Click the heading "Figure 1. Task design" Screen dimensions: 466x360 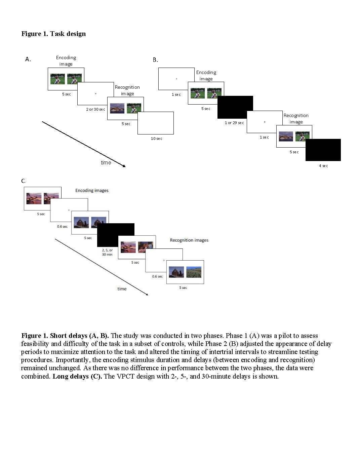click(53, 34)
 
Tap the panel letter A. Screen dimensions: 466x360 click(28, 59)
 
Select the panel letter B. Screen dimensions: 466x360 click(155, 60)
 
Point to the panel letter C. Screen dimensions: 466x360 click(23, 181)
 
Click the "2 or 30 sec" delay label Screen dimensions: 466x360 click(95, 109)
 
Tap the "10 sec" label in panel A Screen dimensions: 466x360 click(156, 139)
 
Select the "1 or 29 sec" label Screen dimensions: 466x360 click(234, 123)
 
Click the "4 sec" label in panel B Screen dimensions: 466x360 click(323, 166)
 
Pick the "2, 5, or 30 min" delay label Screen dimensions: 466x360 click(107, 252)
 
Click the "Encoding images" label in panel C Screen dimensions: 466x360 click(92, 190)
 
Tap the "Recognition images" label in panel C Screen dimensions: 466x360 click(189, 240)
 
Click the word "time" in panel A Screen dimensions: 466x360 click(106, 162)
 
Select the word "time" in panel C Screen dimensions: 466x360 click(122, 289)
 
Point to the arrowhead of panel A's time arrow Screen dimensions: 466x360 click(124, 166)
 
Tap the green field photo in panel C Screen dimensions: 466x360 click(194, 272)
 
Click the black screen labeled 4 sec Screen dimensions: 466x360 click(323, 150)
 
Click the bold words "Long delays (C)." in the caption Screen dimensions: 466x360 click(77, 376)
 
